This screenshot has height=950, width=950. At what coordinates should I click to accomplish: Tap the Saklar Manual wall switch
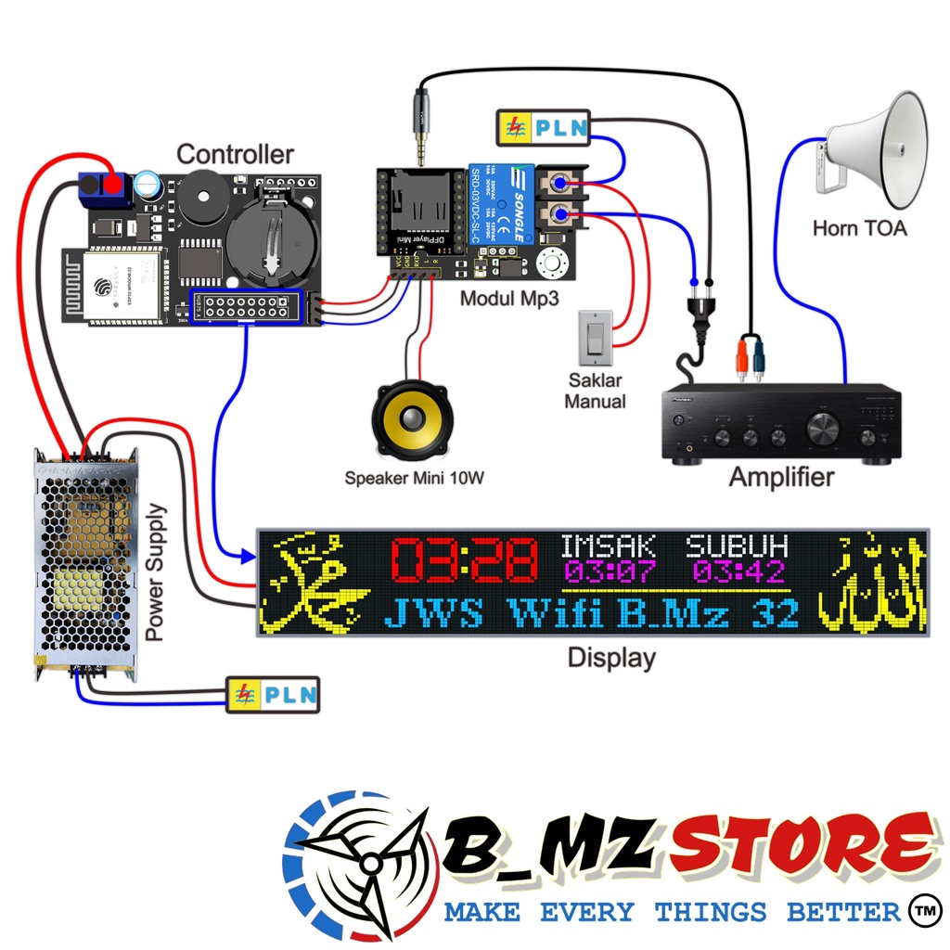coord(595,337)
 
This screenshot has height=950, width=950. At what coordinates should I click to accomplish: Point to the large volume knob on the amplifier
coord(821,429)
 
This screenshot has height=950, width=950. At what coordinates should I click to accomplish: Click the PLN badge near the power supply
coord(274,694)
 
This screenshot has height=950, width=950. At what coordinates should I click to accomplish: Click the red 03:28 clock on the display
coord(464,561)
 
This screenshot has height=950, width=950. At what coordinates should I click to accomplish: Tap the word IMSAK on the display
coord(609,546)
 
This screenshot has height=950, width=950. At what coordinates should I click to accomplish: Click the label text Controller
coord(235,154)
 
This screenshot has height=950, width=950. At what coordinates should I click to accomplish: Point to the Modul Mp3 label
coord(502,299)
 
